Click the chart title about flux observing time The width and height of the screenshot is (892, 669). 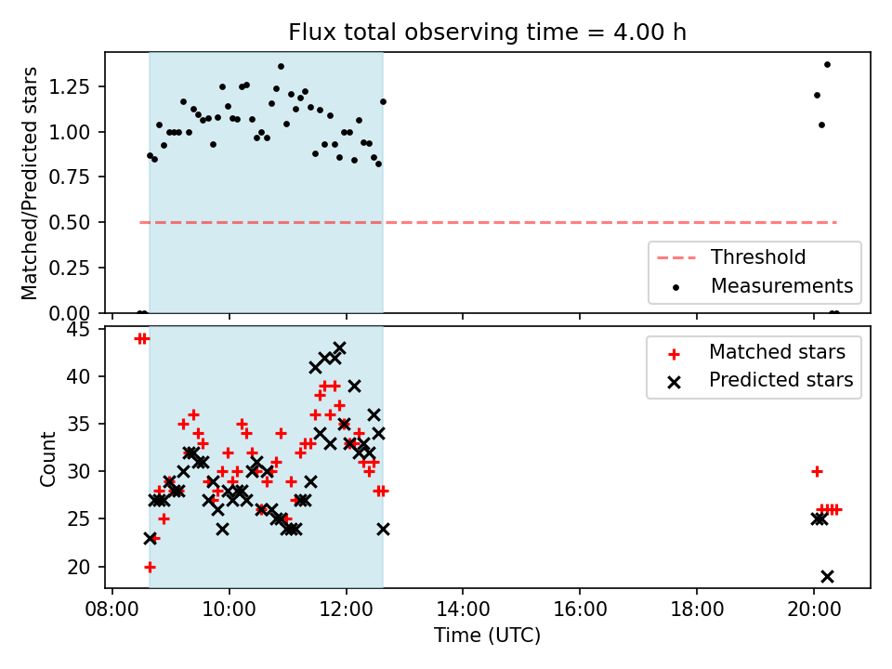(x=487, y=33)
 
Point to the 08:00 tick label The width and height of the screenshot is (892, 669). (x=112, y=610)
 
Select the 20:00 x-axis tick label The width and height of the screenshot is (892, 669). (x=814, y=610)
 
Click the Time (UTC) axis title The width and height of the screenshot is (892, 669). (x=487, y=635)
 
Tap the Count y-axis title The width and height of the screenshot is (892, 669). (x=47, y=458)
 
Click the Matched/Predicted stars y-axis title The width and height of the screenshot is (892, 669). (x=29, y=183)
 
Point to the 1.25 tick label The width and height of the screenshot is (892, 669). (x=70, y=86)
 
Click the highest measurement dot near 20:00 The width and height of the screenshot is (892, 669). (x=827, y=65)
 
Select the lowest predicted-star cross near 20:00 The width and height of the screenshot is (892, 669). (x=827, y=576)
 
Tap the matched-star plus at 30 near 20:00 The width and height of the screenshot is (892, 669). (x=817, y=472)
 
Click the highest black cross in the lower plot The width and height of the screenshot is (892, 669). (x=340, y=348)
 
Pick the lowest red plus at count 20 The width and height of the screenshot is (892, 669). (x=151, y=567)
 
